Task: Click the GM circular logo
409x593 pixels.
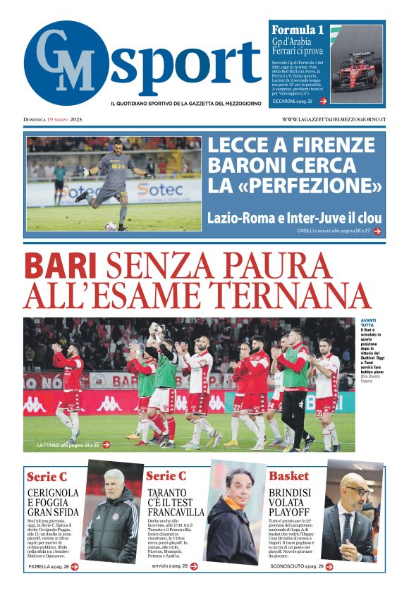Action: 66,63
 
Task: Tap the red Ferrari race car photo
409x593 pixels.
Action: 357,67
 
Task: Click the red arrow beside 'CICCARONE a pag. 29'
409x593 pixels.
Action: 323,101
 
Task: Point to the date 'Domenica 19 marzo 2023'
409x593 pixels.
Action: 53,119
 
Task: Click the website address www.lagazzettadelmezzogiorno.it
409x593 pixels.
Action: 334,119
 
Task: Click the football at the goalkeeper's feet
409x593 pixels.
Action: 110,226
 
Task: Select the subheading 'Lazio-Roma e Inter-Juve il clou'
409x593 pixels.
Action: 294,216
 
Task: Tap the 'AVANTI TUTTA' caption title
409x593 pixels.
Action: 367,323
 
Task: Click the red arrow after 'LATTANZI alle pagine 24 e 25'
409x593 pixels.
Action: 106,445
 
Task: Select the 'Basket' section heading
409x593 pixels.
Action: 288,476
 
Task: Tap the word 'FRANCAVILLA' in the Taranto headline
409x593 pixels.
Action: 176,513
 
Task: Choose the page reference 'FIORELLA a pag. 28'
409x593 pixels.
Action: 49,566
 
